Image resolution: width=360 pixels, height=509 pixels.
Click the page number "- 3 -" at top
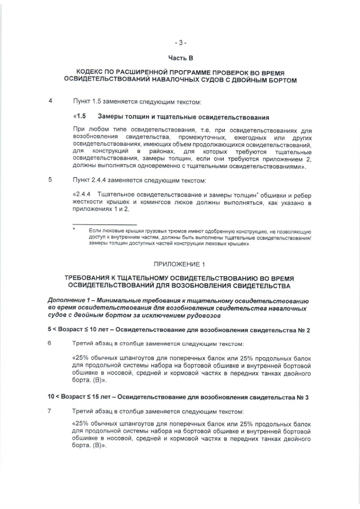coord(180,42)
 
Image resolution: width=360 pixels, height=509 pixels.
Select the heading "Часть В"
coord(180,57)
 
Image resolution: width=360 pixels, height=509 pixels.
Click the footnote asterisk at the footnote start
coord(74,230)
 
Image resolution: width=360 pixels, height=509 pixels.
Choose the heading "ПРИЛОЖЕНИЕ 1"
coord(180,263)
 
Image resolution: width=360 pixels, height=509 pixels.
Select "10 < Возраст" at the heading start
coord(67,397)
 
